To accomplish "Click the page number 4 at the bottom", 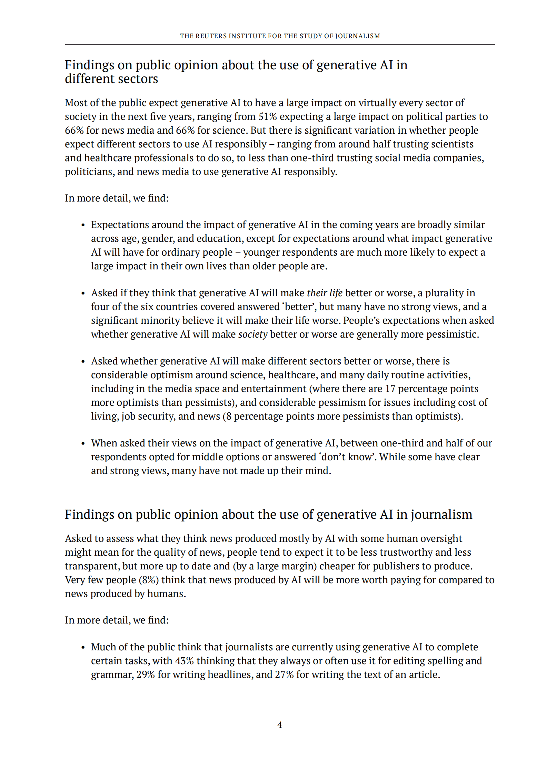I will (279, 725).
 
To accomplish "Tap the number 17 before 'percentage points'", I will (390, 389).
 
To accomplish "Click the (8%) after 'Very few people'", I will (149, 580).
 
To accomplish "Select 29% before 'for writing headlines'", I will (146, 674).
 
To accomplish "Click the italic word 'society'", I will (253, 334).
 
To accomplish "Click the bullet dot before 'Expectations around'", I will (83, 225).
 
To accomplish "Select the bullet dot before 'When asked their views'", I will (83, 444).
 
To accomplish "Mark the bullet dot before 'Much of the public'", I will (83, 648).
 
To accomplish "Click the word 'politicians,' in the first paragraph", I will (90, 172).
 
